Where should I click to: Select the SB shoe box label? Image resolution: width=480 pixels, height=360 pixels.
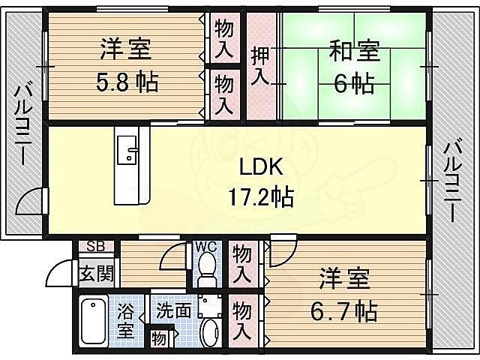tap(96, 247)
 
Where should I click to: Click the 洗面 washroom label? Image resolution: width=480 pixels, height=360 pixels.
tap(173, 309)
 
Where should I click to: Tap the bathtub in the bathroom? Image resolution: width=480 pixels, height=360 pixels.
tap(93, 321)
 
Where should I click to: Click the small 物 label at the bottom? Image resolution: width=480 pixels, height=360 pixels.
tap(158, 337)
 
